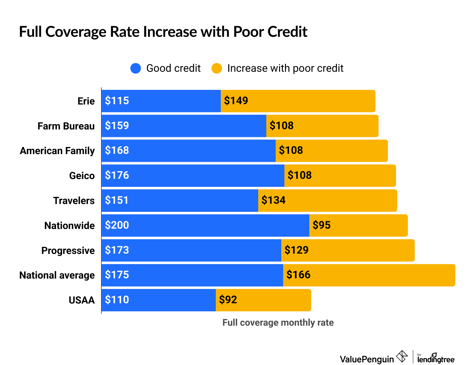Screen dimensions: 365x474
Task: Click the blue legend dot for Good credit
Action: (136, 68)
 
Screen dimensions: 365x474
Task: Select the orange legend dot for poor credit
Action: (217, 68)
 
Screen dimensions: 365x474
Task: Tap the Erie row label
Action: (86, 101)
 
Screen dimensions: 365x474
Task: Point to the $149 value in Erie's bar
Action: (236, 101)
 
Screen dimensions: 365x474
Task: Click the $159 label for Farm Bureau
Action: (117, 125)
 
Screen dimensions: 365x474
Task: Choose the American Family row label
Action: (57, 151)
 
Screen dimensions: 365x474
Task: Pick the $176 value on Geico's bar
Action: (117, 175)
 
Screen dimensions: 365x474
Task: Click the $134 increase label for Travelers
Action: (273, 200)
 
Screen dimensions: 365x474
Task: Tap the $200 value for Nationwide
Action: (117, 225)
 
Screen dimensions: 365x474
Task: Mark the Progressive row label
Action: (68, 251)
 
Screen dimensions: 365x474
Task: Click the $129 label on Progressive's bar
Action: (297, 250)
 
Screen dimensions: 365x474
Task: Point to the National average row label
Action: (57, 275)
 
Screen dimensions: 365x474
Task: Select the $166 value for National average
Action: (298, 275)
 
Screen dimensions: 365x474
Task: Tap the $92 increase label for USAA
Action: (228, 300)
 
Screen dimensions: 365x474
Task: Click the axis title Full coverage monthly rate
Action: (278, 323)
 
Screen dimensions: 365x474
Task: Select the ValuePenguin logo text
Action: (367, 359)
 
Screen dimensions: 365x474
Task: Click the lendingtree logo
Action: (436, 358)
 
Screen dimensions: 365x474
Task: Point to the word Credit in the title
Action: (288, 32)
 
